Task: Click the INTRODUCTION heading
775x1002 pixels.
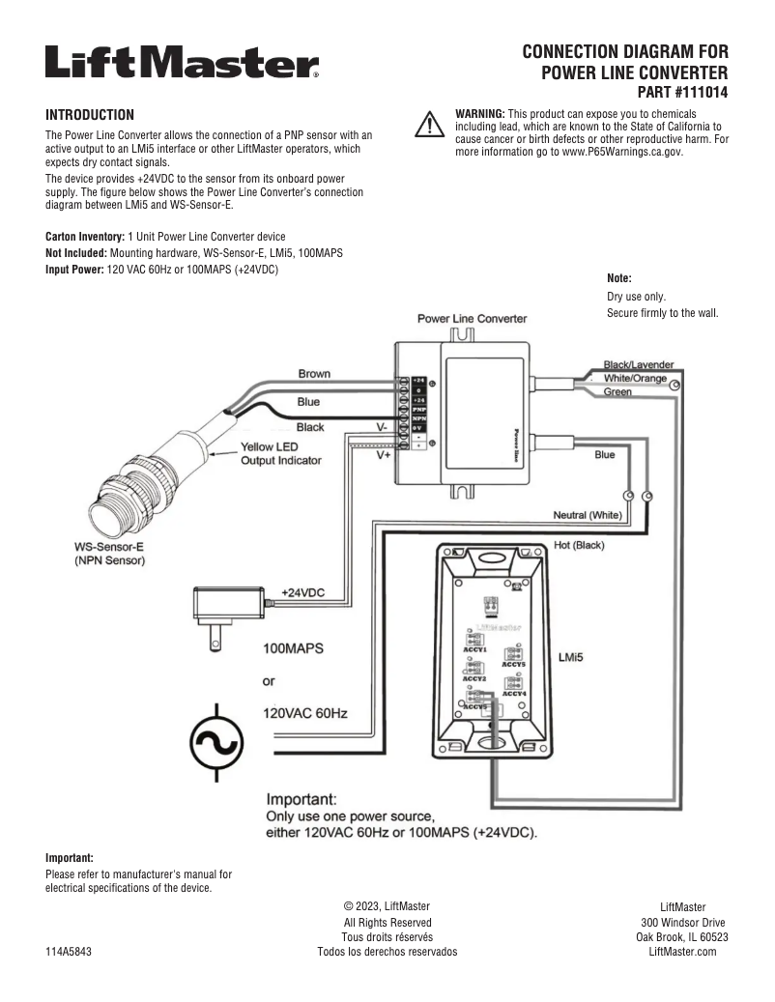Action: click(x=90, y=114)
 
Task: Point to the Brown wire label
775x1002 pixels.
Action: click(x=314, y=374)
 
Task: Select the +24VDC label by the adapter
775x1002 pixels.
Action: click(x=302, y=592)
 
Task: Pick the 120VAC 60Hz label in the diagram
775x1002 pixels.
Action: click(x=305, y=714)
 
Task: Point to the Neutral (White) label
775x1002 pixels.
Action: click(x=588, y=514)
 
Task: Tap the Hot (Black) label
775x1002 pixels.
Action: click(x=579, y=546)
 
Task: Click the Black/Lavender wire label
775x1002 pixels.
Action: click(x=638, y=364)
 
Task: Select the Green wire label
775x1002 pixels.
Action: click(x=617, y=392)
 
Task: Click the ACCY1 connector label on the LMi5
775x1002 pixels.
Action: click(x=474, y=650)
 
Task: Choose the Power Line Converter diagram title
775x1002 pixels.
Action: click(x=472, y=318)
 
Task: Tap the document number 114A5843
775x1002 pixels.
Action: click(x=69, y=951)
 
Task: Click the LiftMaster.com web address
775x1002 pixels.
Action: click(x=682, y=951)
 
